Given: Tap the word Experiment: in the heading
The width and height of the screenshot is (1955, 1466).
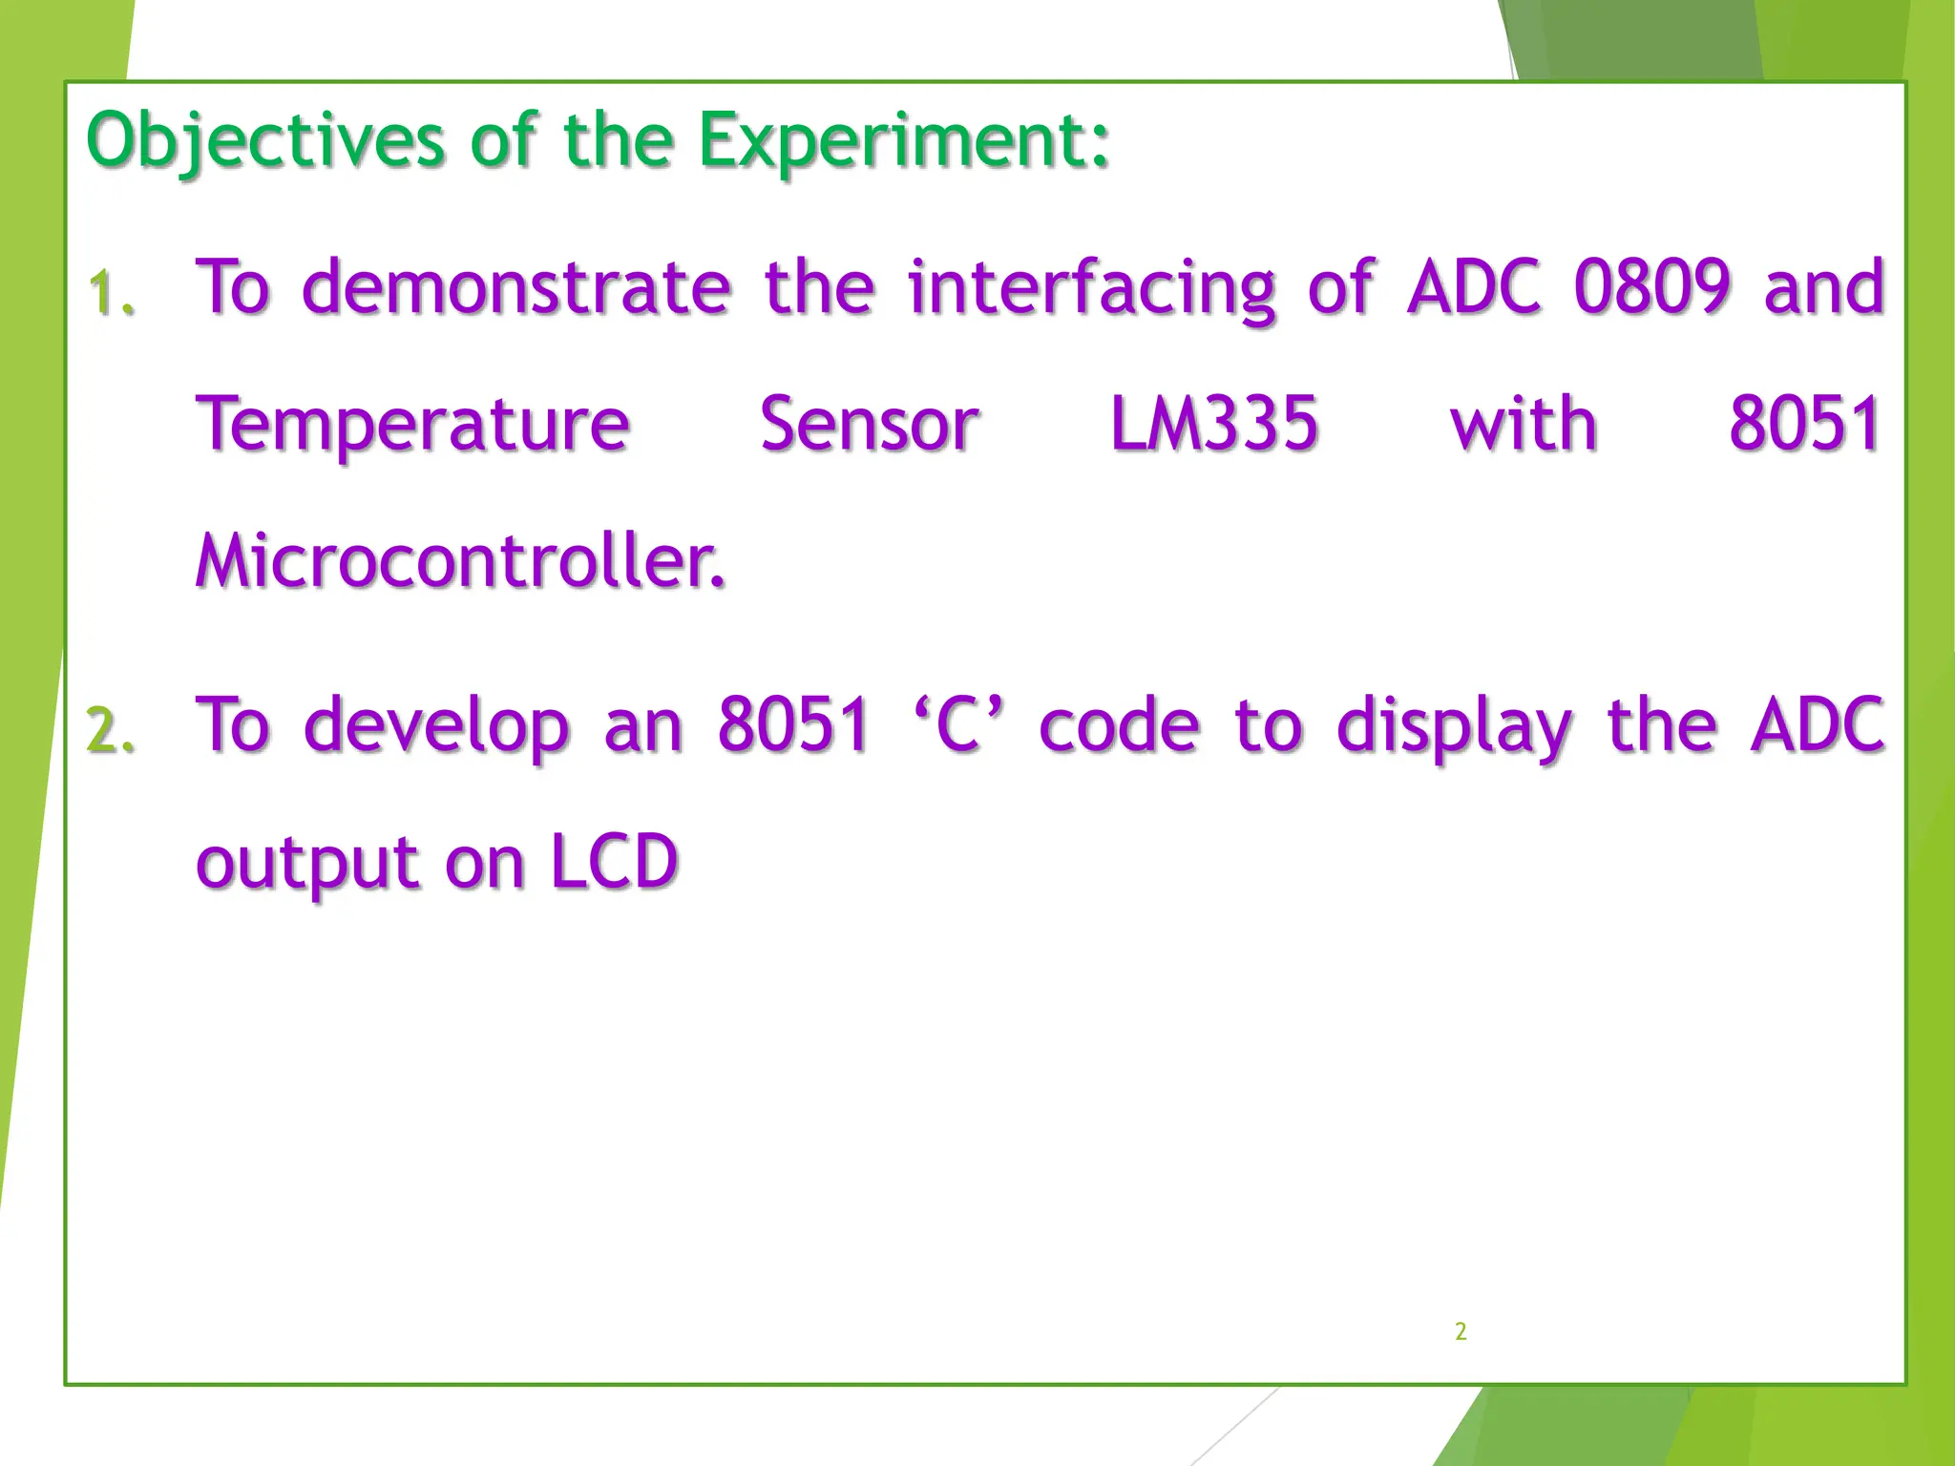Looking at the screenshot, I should pyautogui.click(x=904, y=141).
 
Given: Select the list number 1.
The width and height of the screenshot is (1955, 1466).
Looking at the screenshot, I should pyautogui.click(x=111, y=292).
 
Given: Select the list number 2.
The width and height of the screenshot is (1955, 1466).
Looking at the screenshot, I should pyautogui.click(x=111, y=730).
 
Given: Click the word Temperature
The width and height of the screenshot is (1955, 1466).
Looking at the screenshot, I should pyautogui.click(x=412, y=425).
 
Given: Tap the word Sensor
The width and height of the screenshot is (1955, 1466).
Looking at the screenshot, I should pyautogui.click(x=870, y=425).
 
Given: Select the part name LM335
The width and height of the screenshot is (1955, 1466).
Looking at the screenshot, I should pyautogui.click(x=1214, y=425).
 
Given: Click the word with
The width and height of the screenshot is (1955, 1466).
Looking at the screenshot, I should pyautogui.click(x=1524, y=425).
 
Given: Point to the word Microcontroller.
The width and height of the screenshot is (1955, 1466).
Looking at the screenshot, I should pyautogui.click(x=460, y=561).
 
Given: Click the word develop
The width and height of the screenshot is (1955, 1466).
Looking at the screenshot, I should pyautogui.click(x=436, y=725).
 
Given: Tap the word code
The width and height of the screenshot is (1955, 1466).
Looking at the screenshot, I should pyautogui.click(x=1119, y=725).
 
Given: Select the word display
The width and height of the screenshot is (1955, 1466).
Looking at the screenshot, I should pyautogui.click(x=1454, y=725).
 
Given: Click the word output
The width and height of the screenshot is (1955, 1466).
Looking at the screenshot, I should pyautogui.click(x=306, y=863).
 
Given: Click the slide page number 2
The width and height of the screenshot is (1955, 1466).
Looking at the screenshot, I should pyautogui.click(x=1461, y=1331).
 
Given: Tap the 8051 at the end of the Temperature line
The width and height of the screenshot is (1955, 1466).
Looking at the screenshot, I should pyautogui.click(x=1805, y=425).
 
